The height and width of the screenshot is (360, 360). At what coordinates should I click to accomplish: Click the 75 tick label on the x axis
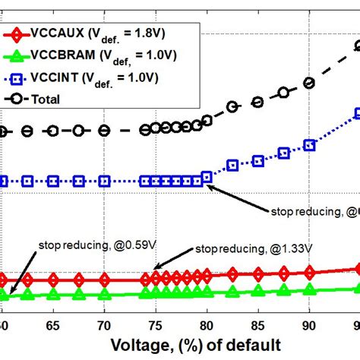(155, 324)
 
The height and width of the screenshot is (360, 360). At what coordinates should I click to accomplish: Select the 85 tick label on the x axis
(257, 324)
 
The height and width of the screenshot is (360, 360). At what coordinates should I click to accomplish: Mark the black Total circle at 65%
(53, 131)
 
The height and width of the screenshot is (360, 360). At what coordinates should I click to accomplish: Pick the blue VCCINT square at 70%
(104, 182)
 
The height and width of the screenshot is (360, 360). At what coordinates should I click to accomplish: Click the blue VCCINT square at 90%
(308, 144)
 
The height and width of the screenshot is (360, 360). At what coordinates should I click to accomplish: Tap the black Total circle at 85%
(257, 102)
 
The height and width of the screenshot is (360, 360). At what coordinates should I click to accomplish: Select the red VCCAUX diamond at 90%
(308, 272)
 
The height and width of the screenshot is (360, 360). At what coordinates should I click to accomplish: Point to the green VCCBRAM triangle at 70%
(104, 293)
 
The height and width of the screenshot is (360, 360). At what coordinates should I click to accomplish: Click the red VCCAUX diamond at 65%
(53, 279)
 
